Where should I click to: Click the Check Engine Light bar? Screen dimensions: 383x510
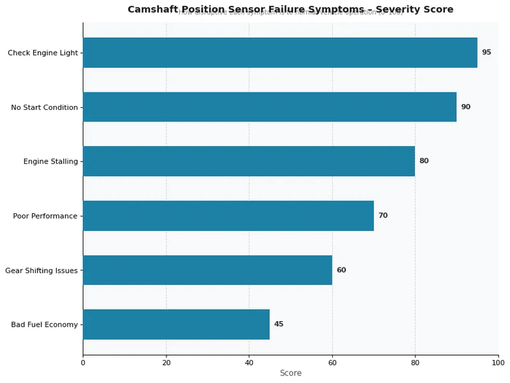280,52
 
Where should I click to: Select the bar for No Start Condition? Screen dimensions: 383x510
270,107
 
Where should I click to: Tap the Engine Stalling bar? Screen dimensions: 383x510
249,161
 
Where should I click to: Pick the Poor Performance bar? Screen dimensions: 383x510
228,216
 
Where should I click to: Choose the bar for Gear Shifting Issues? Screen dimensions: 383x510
207,270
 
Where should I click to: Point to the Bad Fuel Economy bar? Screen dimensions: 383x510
176,324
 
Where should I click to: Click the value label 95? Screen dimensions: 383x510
486,52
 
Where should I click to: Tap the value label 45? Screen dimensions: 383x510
279,324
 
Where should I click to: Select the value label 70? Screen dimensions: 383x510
382,216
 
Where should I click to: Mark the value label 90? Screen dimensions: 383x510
465,107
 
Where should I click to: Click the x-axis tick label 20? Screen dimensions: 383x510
166,363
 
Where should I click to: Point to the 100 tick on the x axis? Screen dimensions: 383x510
498,363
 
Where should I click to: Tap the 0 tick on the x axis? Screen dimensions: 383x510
83,363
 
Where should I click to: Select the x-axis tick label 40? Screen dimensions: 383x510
249,363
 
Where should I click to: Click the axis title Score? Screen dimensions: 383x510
291,373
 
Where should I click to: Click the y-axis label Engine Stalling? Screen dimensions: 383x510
50,161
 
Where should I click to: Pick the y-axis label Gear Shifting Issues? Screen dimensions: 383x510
41,271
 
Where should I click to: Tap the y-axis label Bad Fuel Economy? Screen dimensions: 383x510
44,325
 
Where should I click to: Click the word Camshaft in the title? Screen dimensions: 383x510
152,10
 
